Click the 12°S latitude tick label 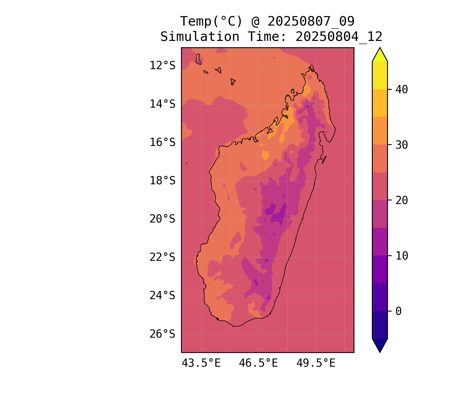click(162, 65)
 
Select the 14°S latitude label click(162, 104)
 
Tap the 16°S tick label click(162, 142)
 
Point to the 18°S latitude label click(162, 181)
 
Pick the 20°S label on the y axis click(162, 219)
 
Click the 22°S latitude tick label click(162, 257)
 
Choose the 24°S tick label click(162, 295)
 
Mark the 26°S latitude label click(162, 334)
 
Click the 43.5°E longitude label click(201, 363)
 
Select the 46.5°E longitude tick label click(258, 363)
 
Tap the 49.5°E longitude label click(316, 363)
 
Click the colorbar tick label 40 click(402, 89)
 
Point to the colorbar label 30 click(402, 145)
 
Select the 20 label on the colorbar click(402, 200)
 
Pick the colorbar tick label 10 click(402, 256)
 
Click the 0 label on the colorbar click(398, 311)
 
